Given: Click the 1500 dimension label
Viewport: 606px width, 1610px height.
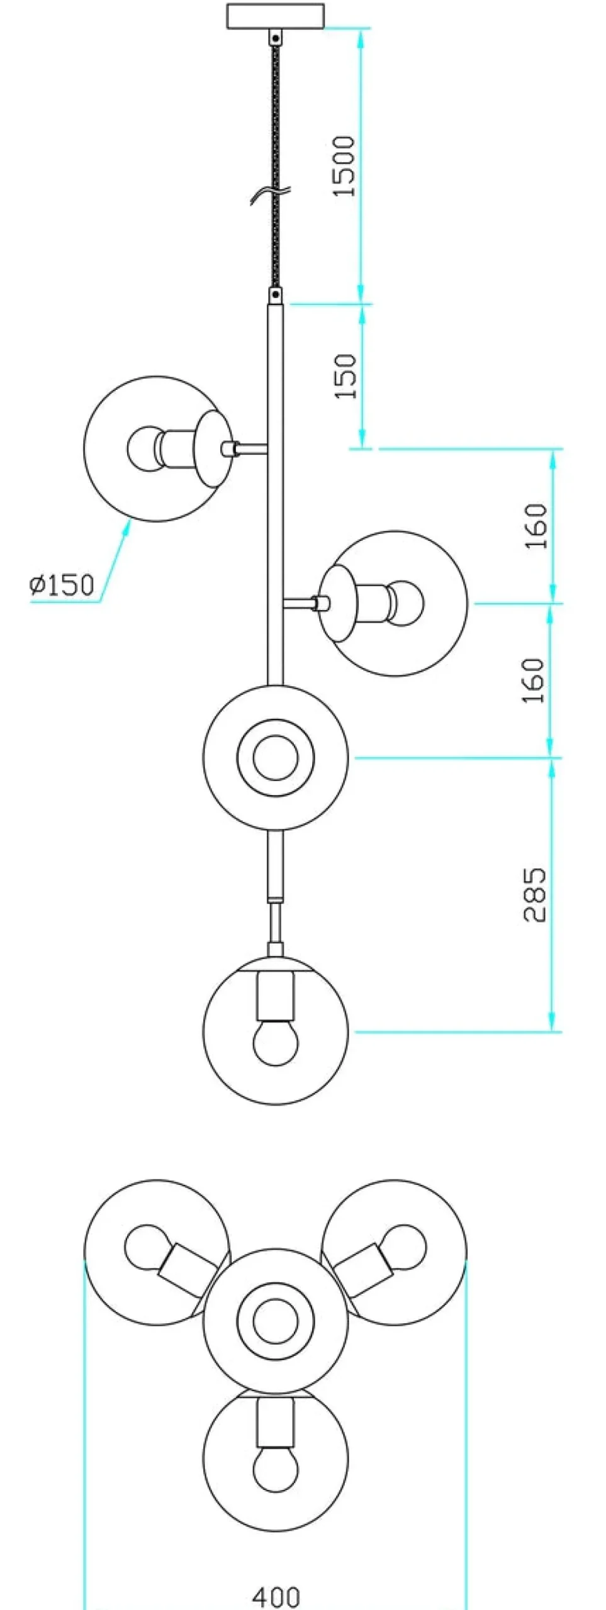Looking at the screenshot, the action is point(345,166).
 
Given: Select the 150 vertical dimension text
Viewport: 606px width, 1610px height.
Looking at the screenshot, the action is point(345,376).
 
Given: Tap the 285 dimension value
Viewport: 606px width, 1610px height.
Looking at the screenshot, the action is point(536,895).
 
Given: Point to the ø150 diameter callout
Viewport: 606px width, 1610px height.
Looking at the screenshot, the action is point(62,585).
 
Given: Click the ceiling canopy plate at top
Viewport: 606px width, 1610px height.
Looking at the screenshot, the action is point(276,16).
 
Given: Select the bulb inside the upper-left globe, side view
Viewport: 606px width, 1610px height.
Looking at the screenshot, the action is point(143,448).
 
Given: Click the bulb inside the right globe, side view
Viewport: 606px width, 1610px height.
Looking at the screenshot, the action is point(407,602).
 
